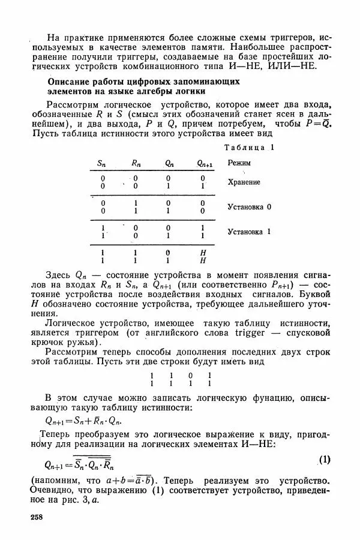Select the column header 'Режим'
click(239, 163)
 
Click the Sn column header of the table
click(102, 163)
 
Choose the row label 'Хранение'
click(244, 182)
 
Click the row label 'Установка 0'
click(250, 206)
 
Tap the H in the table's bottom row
click(203, 261)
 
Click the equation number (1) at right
click(324, 460)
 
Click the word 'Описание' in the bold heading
click(68, 81)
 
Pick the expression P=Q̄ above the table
click(317, 124)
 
